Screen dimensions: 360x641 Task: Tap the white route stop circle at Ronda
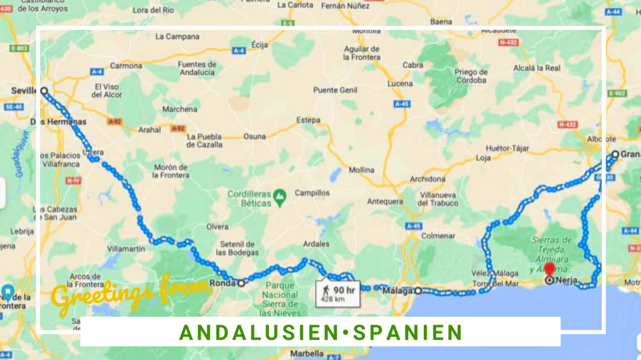[241, 283]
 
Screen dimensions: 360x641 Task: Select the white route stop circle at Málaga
[418, 291]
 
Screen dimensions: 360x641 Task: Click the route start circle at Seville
[44, 91]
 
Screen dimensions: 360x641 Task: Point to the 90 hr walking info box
[338, 293]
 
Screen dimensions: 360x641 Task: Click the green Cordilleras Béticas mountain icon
[280, 196]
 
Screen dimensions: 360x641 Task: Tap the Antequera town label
[385, 201]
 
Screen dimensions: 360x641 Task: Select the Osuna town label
[254, 137]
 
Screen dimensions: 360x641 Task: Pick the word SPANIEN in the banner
[408, 332]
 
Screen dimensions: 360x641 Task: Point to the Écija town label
[260, 44]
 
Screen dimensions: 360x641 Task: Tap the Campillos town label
[312, 193]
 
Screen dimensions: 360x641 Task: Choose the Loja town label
[484, 158]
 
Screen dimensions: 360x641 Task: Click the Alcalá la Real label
[537, 68]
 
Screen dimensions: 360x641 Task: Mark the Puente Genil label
[334, 90]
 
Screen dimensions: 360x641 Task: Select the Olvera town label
[217, 227]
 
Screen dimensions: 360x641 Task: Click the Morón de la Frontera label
[171, 171]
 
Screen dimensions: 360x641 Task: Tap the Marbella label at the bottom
[307, 354]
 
